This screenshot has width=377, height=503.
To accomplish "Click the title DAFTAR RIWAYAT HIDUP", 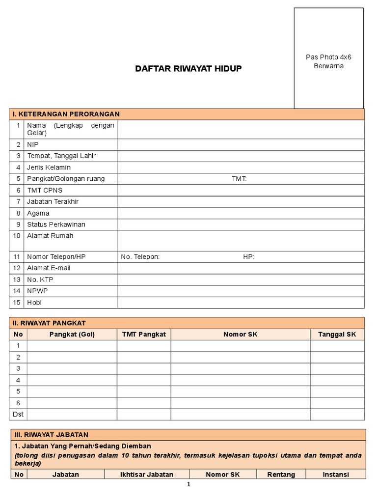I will tap(188, 69).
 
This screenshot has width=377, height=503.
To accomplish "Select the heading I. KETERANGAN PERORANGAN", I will tap(66, 114).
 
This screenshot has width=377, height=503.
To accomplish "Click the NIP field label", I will tap(33, 144).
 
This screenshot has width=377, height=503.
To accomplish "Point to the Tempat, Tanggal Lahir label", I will tap(61, 156).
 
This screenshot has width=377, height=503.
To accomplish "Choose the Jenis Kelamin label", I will tap(49, 168).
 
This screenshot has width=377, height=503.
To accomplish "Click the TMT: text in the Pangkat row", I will tap(239, 179).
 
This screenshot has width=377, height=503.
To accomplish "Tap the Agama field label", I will tap(38, 213).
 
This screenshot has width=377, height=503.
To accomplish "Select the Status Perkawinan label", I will tap(56, 224).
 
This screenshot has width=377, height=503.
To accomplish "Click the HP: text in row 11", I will tap(249, 257).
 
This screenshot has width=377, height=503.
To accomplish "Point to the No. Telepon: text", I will tap(140, 257).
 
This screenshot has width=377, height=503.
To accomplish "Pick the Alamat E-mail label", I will tap(49, 268).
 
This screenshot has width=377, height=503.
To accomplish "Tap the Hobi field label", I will tap(34, 303).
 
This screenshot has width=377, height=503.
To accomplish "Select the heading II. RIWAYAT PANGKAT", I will tap(49, 323).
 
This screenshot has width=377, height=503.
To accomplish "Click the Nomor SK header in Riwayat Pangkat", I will tap(240, 335).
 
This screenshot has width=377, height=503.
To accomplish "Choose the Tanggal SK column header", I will tap(337, 335).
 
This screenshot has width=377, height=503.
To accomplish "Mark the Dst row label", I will tap(18, 415).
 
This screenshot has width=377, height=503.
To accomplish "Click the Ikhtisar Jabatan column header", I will tap(147, 475).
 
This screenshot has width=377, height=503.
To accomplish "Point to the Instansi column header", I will tap(335, 475).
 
